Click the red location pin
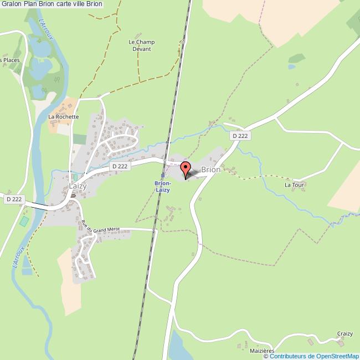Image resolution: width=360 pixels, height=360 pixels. pos(185,168)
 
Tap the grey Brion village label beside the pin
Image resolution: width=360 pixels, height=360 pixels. pos(210,170)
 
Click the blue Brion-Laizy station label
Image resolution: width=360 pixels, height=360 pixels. pos(162,186)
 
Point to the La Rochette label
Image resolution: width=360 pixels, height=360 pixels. pos(63,117)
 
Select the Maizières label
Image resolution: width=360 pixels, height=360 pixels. pos(262,351)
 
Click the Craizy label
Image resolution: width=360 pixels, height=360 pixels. pos(344,334)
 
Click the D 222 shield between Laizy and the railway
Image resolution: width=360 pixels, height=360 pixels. pos(119,166)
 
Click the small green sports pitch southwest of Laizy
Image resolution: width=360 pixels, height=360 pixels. pos(23,221)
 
